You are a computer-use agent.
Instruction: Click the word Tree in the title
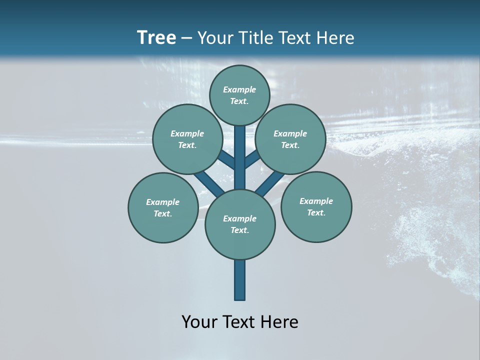pos(156,37)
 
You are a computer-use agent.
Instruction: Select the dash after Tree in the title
pos(187,38)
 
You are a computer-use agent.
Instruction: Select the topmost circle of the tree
pos(239,95)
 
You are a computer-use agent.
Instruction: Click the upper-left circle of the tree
pos(187,139)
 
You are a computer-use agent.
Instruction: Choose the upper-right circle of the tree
pos(290,139)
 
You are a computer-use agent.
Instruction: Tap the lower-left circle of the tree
pos(163,207)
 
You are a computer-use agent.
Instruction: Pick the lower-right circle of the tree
pos(316,206)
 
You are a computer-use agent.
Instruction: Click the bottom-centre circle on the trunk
pos(240,224)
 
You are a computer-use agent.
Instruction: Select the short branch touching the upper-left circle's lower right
pos(226,160)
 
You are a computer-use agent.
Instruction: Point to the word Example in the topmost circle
pos(239,89)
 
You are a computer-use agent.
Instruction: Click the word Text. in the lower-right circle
pos(316,212)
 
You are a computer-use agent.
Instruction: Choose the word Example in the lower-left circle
pos(162,202)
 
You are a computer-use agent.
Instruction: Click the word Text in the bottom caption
pos(240,322)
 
